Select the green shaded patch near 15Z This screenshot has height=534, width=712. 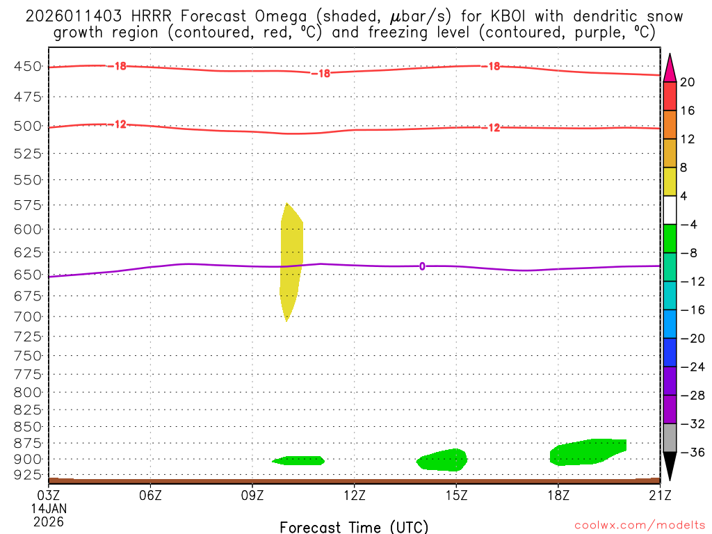coord(444,460)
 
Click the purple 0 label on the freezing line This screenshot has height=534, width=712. coord(422,266)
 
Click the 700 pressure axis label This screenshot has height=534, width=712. coord(28,316)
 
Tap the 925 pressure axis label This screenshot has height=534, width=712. coord(28,475)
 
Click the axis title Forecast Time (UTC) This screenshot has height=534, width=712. coord(354,526)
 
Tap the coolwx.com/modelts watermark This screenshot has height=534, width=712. coord(640,526)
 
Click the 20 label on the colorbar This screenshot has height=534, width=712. coord(688,82)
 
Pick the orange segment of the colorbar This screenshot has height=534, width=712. coord(670,125)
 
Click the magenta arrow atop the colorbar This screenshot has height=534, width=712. coord(670,67)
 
